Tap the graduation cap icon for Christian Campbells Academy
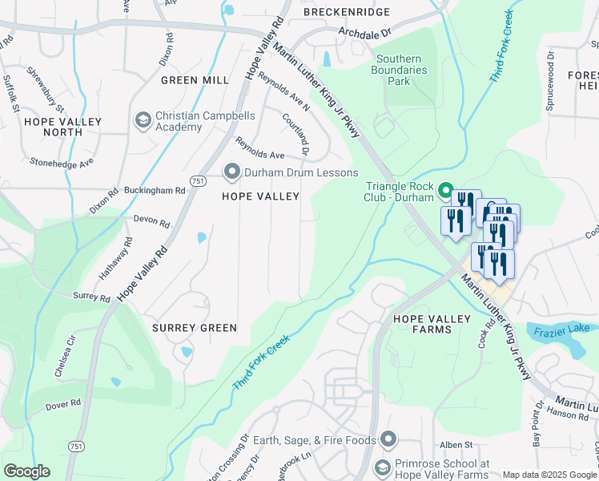143,120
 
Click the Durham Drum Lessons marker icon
232,172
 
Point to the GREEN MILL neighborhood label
195,80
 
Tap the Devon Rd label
151,222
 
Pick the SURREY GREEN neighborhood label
195,328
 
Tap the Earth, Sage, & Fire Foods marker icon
388,439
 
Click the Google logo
26,471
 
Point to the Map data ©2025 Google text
549,475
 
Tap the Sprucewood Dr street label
550,82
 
